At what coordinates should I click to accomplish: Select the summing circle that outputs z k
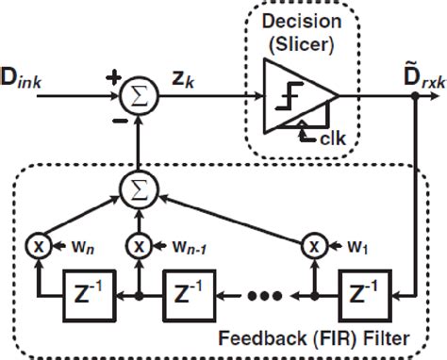click(x=140, y=94)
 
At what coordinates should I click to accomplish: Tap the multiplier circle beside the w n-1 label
click(x=140, y=247)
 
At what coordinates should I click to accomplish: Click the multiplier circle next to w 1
click(x=312, y=247)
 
